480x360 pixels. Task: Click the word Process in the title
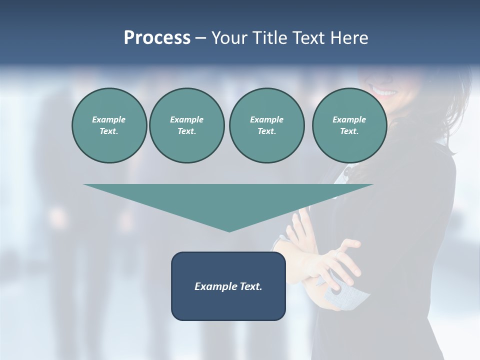coord(157,38)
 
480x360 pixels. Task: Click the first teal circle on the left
coord(109,125)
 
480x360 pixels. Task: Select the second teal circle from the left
coord(186,125)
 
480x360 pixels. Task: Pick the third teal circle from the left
coord(266,125)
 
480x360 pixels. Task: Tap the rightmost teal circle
coord(349,125)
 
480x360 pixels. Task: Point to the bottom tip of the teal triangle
coord(229,230)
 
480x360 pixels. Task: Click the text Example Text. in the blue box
coord(228,286)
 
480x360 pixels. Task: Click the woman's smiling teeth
coord(384,92)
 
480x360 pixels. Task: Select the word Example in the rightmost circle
coord(349,119)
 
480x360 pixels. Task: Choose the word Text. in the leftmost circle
coord(109,131)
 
